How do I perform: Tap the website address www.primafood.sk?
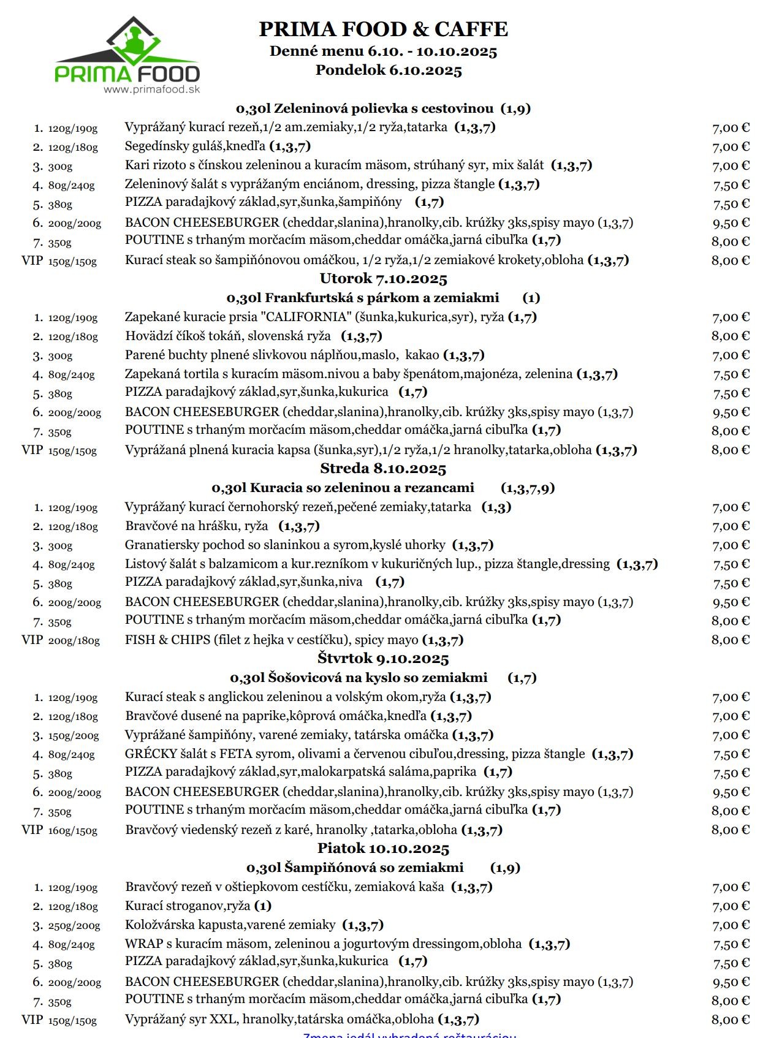151,89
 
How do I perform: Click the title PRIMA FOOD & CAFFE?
383,29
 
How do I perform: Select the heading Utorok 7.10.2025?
383,279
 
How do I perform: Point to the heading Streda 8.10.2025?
383,469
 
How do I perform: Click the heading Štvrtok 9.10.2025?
383,659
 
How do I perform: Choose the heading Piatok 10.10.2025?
383,849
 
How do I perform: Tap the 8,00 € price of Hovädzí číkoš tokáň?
730,336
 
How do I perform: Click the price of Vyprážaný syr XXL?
730,1020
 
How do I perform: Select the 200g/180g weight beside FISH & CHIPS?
74,640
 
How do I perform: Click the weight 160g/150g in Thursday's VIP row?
73,830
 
